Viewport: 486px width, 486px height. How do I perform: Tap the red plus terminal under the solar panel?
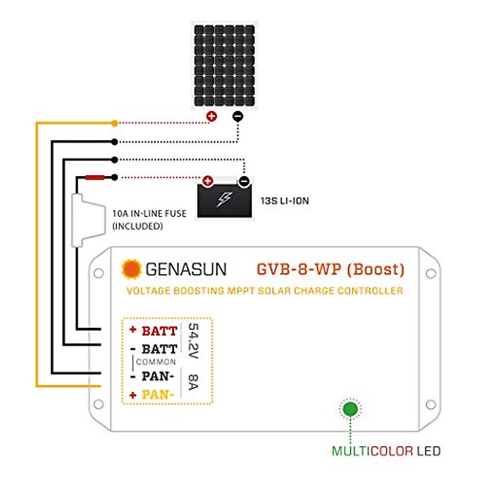click(211, 117)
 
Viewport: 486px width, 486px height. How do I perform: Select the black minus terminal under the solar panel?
click(238, 117)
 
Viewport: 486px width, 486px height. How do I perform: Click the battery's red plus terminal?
click(208, 181)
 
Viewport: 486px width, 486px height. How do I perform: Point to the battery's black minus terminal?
click(244, 181)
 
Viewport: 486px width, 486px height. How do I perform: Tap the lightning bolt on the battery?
click(225, 200)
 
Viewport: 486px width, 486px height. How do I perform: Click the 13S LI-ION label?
click(284, 200)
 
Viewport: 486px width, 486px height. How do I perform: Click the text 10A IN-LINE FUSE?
click(149, 213)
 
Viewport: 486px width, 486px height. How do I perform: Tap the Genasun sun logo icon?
click(131, 269)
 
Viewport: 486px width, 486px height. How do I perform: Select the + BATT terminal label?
click(154, 331)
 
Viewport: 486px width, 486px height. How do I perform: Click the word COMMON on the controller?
click(156, 362)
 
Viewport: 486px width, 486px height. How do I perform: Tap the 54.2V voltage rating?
click(193, 341)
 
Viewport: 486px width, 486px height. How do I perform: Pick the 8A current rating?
click(193, 382)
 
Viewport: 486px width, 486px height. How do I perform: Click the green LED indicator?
click(350, 409)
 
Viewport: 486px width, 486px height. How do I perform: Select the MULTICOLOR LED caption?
click(386, 451)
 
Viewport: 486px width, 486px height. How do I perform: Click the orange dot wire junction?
click(115, 123)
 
